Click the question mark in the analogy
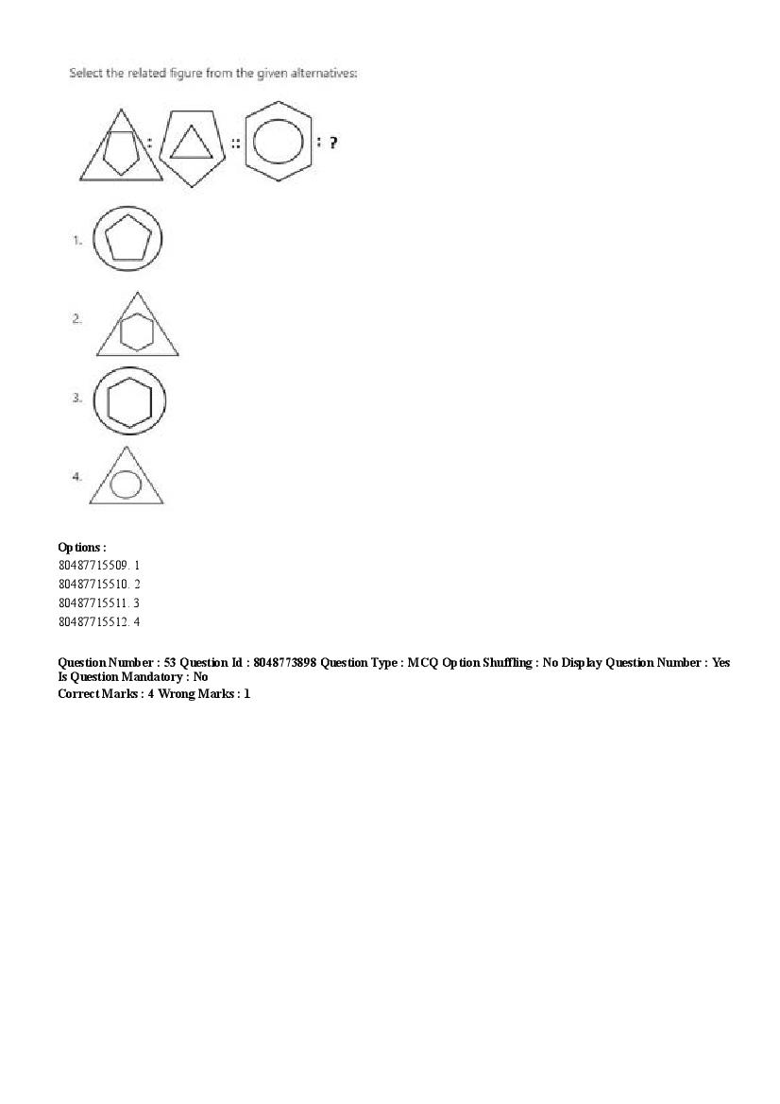tap(333, 144)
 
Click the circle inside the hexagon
tap(280, 144)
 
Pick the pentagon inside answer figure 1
tap(127, 240)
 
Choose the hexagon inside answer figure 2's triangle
tap(138, 331)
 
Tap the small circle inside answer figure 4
tap(126, 484)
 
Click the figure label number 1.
tap(77, 241)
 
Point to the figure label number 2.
tap(76, 319)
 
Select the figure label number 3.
tap(76, 398)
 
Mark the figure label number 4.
tap(76, 477)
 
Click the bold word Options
tap(80, 548)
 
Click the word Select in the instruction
tap(85, 74)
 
